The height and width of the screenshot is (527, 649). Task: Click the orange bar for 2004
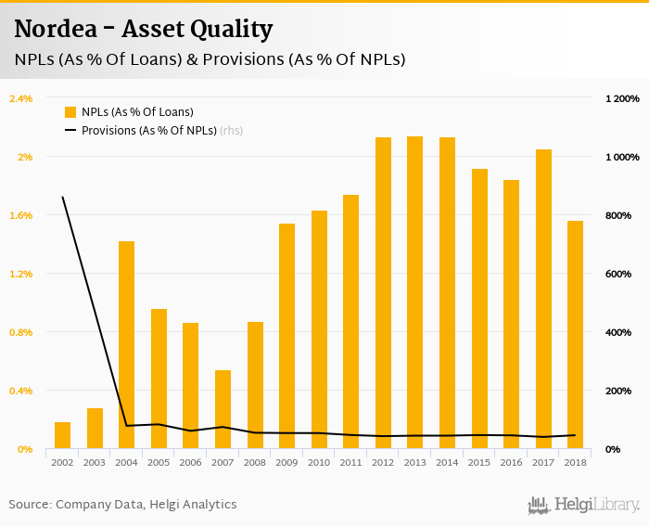(x=126, y=345)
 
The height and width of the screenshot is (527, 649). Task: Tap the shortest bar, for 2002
(x=62, y=435)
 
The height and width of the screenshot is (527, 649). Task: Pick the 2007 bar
(x=223, y=409)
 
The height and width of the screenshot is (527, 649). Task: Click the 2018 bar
(x=576, y=335)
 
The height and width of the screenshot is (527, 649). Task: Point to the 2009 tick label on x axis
(x=286, y=462)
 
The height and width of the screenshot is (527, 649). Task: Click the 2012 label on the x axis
(x=383, y=462)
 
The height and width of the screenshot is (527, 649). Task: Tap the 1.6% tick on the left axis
(x=20, y=215)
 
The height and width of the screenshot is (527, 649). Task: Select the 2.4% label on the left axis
(x=20, y=98)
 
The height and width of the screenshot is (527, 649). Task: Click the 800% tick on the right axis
(x=617, y=215)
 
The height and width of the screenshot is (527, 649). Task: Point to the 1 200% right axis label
(x=622, y=98)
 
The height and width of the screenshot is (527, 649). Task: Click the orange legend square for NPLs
(x=70, y=111)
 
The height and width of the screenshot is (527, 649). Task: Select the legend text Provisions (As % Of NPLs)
(x=148, y=131)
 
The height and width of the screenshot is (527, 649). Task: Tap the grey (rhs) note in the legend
(x=231, y=131)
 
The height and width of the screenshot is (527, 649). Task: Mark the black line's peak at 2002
(x=62, y=197)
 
